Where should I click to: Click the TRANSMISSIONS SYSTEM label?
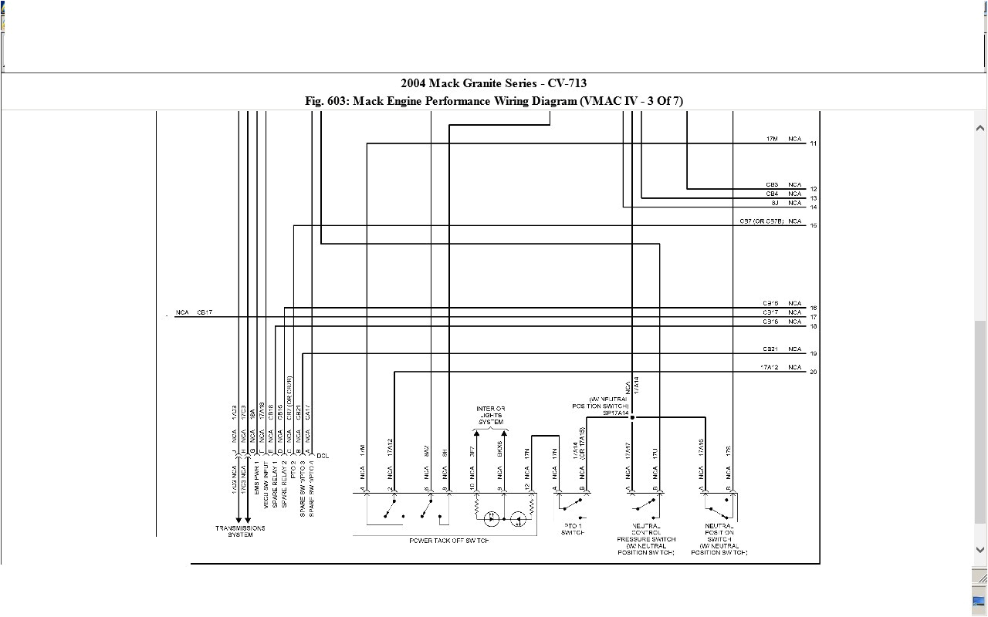tap(240, 531)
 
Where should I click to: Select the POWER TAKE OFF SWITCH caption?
tap(449, 541)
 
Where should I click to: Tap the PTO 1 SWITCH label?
tap(573, 529)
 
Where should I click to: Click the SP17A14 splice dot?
tap(632, 417)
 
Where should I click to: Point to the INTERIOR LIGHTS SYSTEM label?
tap(490, 415)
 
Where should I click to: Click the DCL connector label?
tap(323, 456)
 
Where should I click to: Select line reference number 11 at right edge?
tap(814, 144)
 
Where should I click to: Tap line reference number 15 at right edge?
tap(814, 226)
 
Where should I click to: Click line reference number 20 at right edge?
tap(814, 373)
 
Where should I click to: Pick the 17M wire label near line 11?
tap(772, 139)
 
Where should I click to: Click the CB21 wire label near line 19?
tap(770, 349)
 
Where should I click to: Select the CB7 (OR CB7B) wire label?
tap(760, 221)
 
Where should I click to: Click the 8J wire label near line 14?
tap(774, 203)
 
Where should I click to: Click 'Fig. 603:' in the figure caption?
tap(327, 101)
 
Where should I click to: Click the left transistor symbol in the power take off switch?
tap(490, 519)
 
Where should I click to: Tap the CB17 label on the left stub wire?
tap(205, 312)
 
